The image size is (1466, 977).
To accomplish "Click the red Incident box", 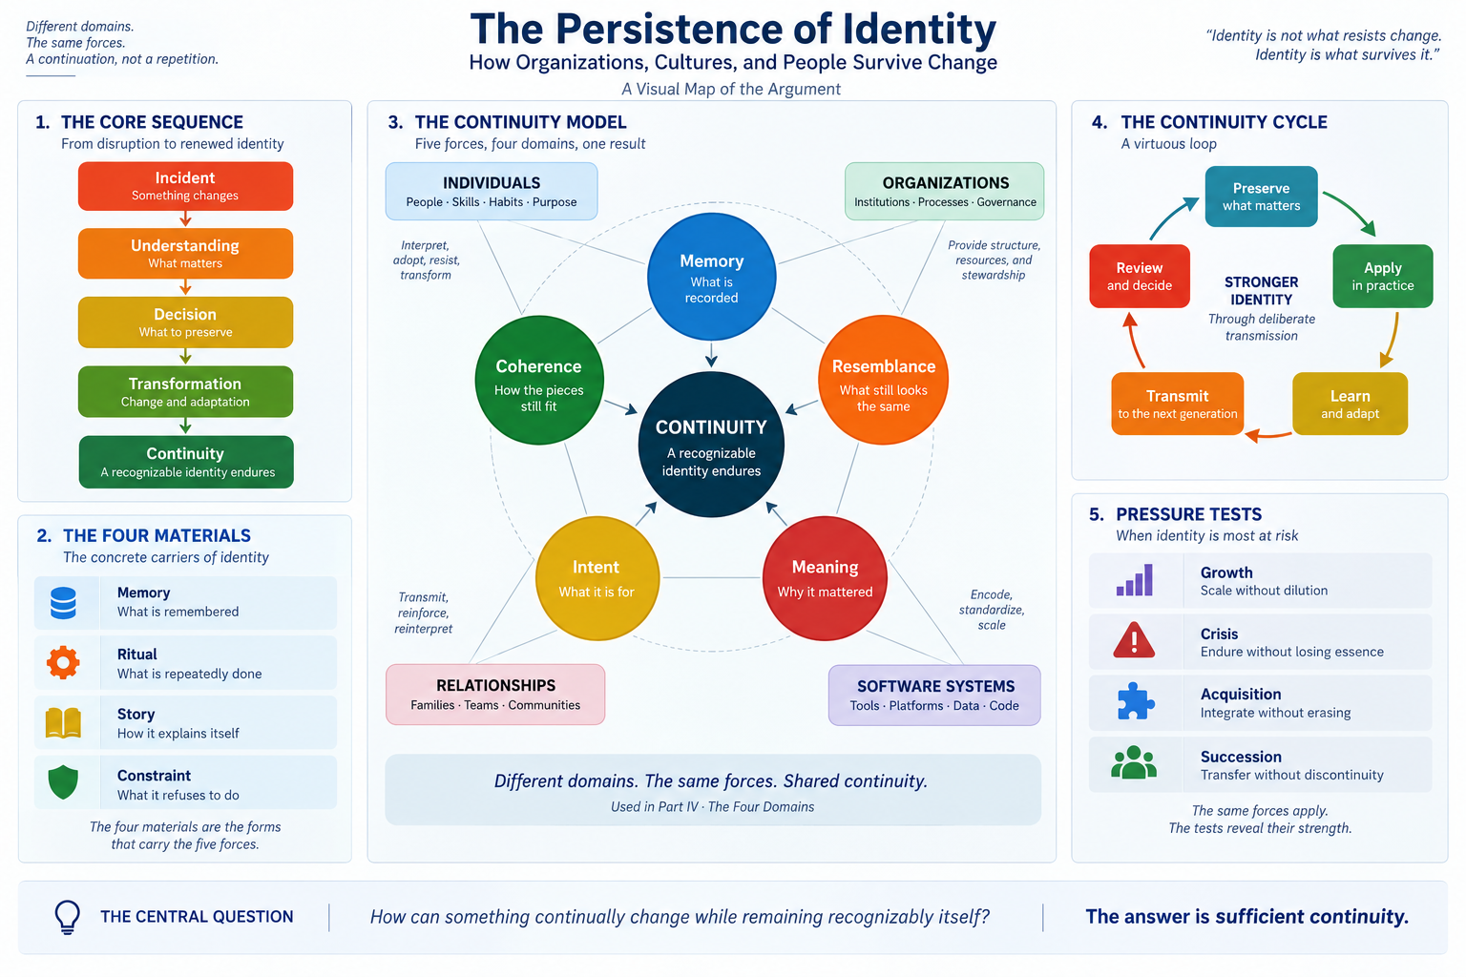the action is (185, 186).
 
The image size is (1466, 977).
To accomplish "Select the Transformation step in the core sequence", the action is (185, 391).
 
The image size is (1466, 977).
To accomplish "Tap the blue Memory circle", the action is (711, 277).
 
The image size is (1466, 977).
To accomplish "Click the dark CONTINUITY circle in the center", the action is (711, 445).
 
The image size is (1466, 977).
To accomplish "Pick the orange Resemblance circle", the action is (883, 380).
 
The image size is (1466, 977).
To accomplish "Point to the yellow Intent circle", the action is (597, 578).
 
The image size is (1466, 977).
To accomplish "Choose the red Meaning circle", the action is (825, 578).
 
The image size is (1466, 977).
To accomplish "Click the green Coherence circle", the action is (538, 380).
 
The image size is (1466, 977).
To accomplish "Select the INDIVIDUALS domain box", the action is (492, 191).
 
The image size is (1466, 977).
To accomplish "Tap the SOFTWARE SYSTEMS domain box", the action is (934, 695).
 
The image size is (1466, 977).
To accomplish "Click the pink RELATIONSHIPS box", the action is (495, 695).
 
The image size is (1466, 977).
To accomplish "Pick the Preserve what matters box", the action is (1261, 197).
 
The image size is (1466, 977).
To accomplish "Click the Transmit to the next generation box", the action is (1178, 404).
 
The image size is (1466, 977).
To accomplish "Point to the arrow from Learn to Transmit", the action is (1268, 435).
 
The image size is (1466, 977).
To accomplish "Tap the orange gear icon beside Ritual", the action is (63, 662).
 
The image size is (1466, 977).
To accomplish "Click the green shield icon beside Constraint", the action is (63, 782).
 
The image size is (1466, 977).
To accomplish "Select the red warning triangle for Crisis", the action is (1134, 640).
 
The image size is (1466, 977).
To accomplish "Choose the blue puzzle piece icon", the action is (1135, 701).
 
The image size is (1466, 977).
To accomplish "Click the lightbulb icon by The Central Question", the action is (68, 917).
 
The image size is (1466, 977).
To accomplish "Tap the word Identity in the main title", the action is (919, 30).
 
